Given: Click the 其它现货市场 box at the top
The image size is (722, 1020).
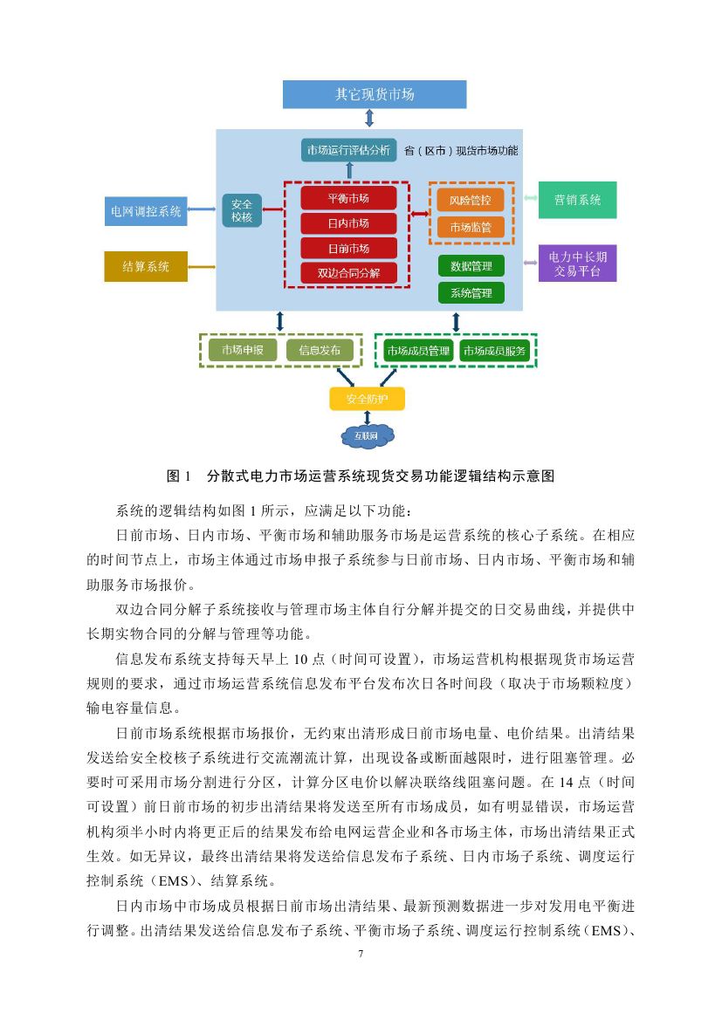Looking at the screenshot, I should [x=375, y=94].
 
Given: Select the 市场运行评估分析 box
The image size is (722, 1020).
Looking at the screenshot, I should [x=347, y=150].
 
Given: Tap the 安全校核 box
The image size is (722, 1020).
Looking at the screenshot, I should [x=242, y=210].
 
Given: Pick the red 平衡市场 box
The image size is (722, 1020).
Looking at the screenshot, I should [x=348, y=198].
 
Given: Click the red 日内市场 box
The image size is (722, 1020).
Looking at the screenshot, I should [x=348, y=223].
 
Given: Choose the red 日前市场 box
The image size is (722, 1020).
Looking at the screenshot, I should [x=348, y=248].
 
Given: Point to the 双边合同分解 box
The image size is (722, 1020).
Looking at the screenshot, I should [x=348, y=272].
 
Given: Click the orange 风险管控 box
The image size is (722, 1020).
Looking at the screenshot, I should [x=471, y=201].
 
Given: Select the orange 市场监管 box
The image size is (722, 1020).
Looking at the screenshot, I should [x=471, y=227].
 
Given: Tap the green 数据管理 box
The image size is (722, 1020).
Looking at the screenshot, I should [x=471, y=265].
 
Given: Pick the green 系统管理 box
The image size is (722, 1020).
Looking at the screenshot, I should [x=471, y=293].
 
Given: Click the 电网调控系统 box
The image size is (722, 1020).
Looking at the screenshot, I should [x=146, y=210].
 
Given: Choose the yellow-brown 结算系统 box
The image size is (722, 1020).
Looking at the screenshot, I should [x=146, y=266].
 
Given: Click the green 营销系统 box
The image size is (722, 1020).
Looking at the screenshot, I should [x=577, y=200].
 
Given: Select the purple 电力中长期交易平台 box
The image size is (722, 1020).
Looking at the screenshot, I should [x=577, y=263].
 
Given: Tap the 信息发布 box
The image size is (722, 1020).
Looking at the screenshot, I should [x=320, y=350].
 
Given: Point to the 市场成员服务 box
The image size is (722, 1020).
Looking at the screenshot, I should [x=495, y=351].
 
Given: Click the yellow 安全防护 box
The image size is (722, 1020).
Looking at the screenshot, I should [x=367, y=400].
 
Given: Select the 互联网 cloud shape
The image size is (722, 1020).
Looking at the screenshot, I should [x=366, y=435].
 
